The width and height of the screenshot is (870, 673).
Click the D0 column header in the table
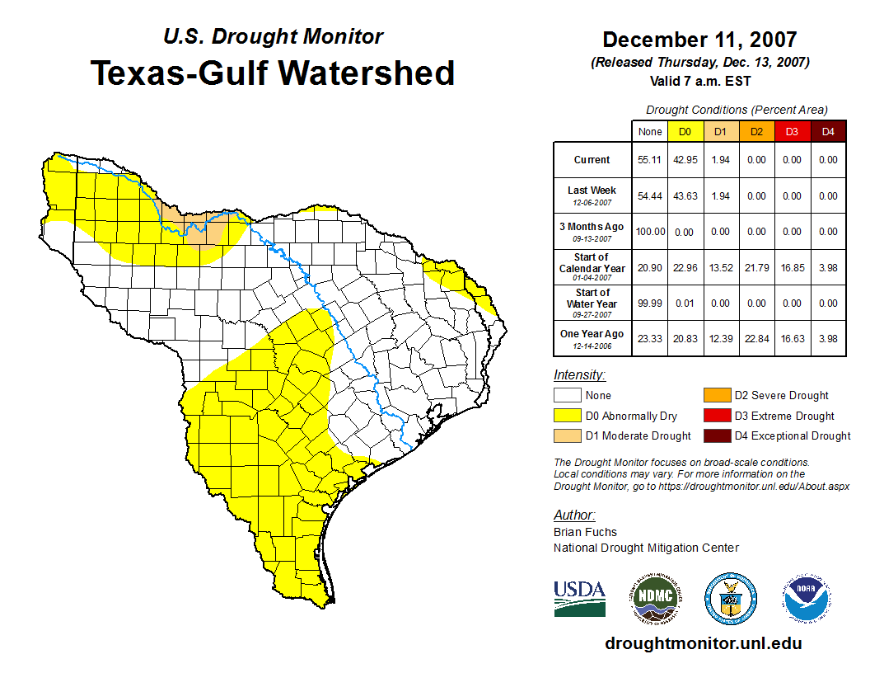click(x=685, y=131)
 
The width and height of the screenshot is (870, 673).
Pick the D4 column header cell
click(x=828, y=131)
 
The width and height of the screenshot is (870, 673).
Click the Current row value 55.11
click(x=650, y=160)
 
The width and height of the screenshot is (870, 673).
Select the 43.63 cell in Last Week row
click(x=685, y=196)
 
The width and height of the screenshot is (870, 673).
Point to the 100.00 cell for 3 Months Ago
click(x=650, y=232)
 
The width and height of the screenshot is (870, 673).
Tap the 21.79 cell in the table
click(x=756, y=267)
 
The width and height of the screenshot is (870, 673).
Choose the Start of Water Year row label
click(x=592, y=303)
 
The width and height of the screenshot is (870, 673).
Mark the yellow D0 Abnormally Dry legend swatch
click(x=567, y=416)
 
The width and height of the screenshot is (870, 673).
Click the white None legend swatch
click(x=567, y=395)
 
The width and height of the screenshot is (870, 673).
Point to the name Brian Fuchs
click(x=585, y=532)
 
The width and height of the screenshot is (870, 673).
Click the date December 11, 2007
click(x=699, y=40)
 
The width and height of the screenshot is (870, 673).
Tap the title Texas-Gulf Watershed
click(x=272, y=73)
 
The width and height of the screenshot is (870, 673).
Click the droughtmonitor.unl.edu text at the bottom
click(x=703, y=643)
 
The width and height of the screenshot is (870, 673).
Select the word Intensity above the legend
click(x=579, y=375)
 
